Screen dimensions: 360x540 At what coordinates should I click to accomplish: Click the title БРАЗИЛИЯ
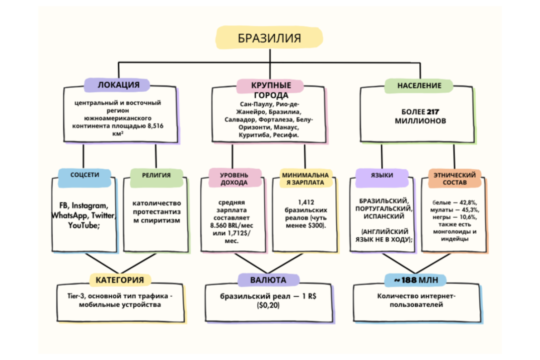click(269, 38)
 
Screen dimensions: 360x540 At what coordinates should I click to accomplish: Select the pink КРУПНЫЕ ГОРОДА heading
click(270, 89)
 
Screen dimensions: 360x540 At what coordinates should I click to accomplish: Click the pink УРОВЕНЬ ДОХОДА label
click(234, 178)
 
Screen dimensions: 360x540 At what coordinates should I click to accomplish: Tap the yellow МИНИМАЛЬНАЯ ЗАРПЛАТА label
click(306, 178)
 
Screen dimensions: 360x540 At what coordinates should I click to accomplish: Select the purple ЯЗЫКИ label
click(381, 175)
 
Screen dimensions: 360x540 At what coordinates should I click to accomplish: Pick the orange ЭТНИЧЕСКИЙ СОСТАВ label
click(454, 178)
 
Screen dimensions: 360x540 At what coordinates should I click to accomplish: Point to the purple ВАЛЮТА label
click(269, 279)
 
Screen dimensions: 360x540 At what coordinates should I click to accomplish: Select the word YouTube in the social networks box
click(83, 225)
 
